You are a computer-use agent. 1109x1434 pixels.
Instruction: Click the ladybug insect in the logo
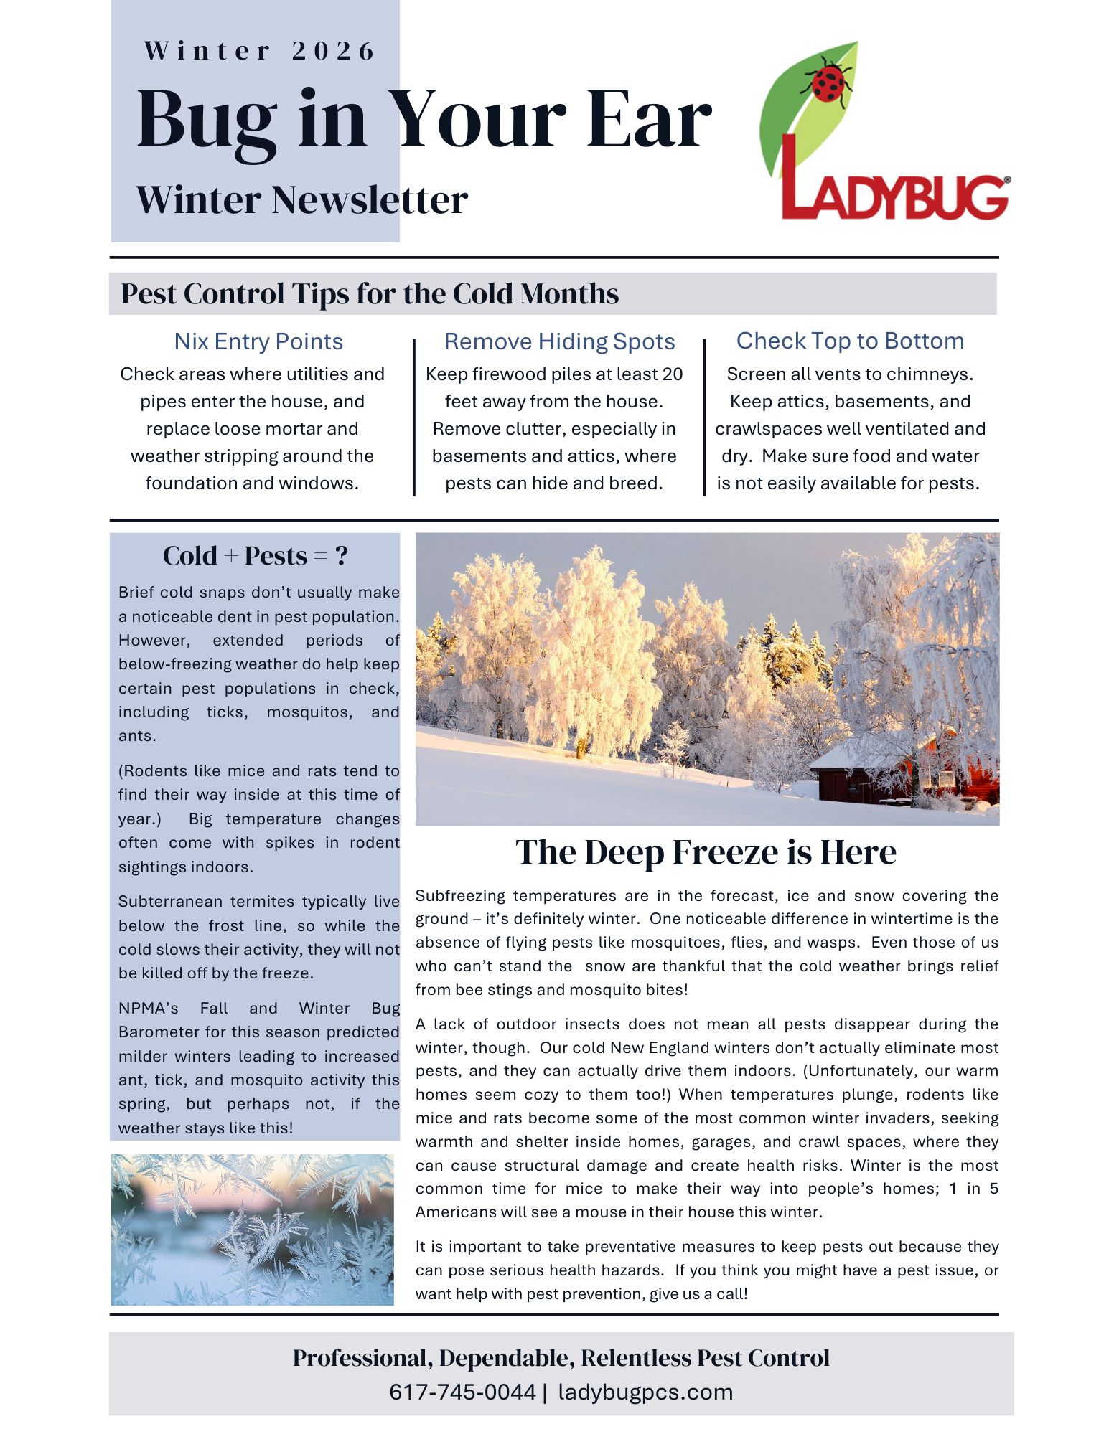pos(828,81)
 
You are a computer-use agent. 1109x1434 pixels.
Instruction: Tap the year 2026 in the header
pos(334,51)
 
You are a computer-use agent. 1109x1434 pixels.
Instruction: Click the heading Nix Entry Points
pos(258,341)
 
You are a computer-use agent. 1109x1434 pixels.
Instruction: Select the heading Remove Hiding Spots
pos(559,341)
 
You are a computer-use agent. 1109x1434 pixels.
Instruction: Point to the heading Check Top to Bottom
pos(850,341)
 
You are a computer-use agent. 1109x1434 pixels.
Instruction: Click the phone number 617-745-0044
pos(462,1392)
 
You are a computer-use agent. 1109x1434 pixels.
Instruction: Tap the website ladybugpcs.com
pos(645,1392)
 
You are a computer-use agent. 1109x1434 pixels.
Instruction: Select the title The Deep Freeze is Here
pos(706,852)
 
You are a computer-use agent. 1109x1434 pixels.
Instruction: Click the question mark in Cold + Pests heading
pos(342,556)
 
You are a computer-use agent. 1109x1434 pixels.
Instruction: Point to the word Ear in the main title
pos(650,121)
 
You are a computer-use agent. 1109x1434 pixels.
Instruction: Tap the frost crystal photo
pos(252,1230)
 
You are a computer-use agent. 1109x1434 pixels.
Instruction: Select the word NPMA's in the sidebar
pos(148,1009)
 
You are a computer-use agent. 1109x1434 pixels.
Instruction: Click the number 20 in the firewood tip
pos(672,374)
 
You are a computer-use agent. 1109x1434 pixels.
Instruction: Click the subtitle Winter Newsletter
pos(302,200)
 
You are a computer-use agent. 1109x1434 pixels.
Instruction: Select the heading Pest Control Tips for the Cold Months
pos(370,294)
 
